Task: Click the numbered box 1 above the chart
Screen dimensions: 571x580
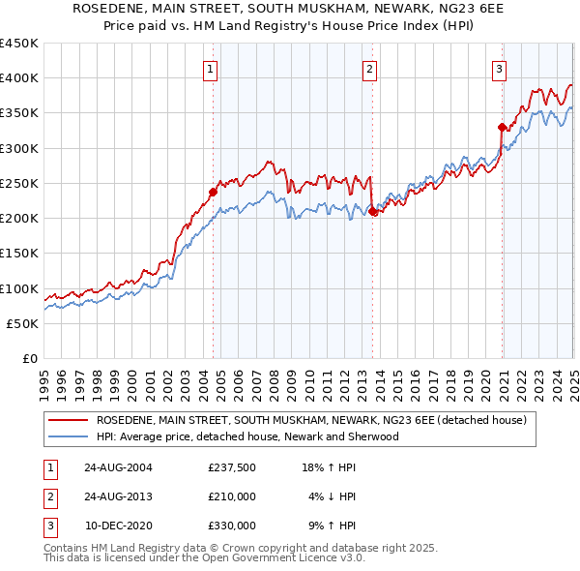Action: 210,69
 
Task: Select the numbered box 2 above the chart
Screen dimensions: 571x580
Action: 370,69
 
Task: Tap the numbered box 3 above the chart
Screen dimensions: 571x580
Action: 499,69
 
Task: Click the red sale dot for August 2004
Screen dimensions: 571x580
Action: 214,192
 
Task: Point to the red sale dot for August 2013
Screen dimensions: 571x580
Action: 373,211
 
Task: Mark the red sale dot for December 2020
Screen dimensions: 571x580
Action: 502,127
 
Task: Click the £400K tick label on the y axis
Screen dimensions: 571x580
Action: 19,78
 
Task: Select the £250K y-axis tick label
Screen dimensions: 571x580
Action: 19,183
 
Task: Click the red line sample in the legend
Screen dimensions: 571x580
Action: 67,420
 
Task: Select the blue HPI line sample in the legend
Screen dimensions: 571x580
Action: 67,436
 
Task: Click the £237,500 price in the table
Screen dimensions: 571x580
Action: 231,467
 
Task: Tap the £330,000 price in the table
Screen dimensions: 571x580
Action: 231,526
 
